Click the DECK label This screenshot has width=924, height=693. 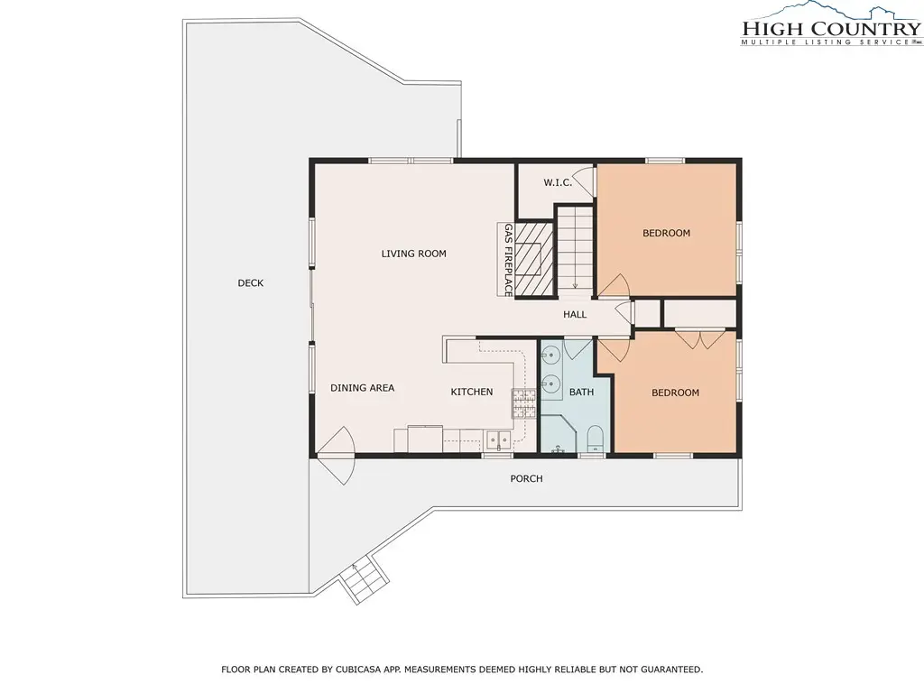coord(251,282)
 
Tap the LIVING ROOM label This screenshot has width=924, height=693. coord(413,254)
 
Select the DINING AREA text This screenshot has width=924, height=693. coord(363,388)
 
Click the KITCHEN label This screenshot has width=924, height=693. coord(471,392)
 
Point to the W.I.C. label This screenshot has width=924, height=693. coord(558,182)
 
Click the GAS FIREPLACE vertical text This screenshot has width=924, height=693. coord(508,260)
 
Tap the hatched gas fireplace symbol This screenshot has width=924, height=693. coord(534,259)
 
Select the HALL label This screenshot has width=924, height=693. coord(575,315)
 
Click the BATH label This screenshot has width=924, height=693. coord(582,392)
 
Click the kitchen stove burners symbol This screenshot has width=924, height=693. coord(524,403)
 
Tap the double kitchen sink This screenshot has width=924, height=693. coord(498,439)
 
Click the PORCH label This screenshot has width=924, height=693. coord(526,478)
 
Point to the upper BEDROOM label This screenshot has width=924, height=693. coord(667,234)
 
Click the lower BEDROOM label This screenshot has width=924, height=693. coord(675,393)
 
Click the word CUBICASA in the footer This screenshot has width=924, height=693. coord(360,670)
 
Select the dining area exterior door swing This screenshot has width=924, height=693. coord(336,456)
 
